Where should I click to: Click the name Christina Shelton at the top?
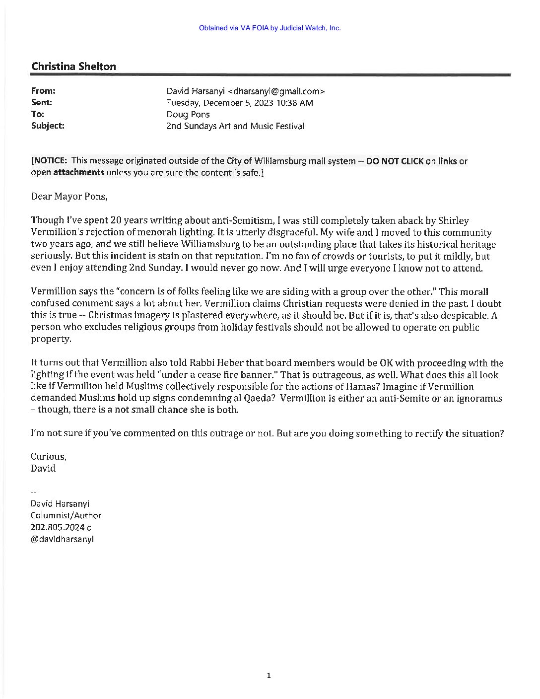(73, 67)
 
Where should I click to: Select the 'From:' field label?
(43, 91)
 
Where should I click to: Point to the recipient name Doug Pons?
(188, 115)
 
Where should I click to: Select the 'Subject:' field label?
(48, 126)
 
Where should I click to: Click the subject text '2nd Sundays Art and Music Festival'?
(235, 126)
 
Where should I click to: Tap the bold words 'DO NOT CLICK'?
(395, 161)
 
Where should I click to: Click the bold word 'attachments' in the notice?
(78, 173)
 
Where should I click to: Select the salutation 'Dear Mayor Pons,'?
(69, 196)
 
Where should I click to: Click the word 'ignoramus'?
(479, 399)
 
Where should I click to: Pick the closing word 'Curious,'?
(48, 456)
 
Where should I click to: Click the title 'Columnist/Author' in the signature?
(66, 515)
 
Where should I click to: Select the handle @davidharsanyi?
(63, 539)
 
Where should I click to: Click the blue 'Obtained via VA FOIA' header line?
(270, 28)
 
